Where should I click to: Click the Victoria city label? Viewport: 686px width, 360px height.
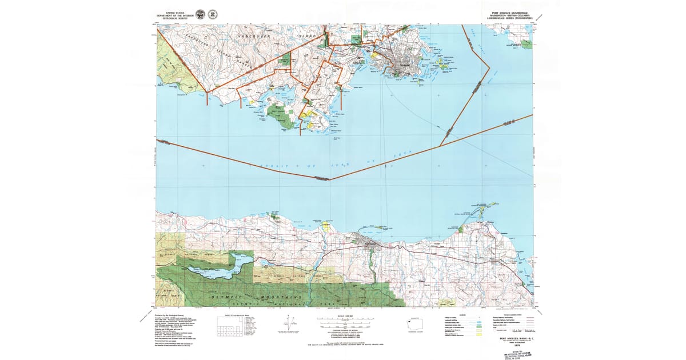pos(403,65)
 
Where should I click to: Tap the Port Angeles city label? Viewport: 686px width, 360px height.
pos(366,243)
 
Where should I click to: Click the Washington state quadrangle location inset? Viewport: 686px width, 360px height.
pos(414,324)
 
